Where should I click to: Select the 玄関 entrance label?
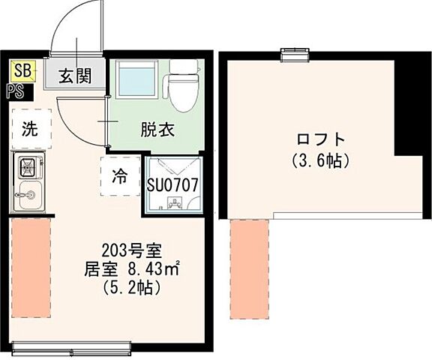tap(75, 76)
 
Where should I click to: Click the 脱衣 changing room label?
tap(157, 129)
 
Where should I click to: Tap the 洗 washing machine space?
tap(29, 128)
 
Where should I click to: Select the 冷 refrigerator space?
tap(120, 176)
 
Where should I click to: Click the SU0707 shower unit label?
tap(172, 183)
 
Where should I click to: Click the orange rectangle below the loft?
tap(250, 267)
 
